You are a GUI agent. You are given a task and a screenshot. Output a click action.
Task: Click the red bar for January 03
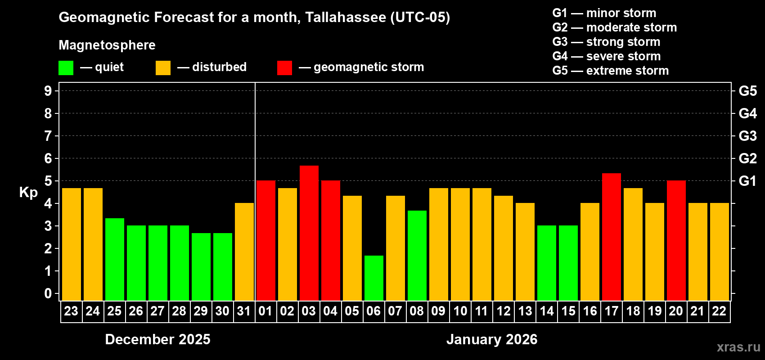309,233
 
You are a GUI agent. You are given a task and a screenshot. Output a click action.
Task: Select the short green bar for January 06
373,278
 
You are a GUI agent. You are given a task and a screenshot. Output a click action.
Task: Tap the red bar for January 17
611,237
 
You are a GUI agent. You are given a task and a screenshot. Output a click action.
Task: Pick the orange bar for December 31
244,252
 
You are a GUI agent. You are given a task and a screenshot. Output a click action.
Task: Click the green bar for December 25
114,259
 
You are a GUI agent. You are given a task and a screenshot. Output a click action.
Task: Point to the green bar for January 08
417,255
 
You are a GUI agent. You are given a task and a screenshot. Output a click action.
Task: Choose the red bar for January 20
676,240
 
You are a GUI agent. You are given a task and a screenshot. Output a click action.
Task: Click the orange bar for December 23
71,244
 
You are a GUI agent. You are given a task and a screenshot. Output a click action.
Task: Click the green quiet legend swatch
66,68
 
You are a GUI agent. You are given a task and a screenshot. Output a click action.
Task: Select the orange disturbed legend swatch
163,68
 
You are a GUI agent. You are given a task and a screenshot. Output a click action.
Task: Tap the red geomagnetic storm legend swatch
284,68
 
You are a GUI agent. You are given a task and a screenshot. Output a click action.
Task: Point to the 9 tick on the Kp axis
48,91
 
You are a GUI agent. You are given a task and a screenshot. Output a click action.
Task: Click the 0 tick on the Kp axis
48,293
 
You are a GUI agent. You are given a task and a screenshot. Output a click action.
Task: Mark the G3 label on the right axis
747,136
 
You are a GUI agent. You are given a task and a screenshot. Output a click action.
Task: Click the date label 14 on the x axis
546,311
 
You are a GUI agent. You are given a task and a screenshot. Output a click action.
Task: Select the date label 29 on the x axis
201,311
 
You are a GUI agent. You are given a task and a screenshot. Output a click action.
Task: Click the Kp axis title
28,193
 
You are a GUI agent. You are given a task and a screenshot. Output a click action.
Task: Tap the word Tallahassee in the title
345,17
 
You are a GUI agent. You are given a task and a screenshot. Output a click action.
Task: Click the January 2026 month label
492,339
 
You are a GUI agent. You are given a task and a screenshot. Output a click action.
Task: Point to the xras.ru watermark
738,347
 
